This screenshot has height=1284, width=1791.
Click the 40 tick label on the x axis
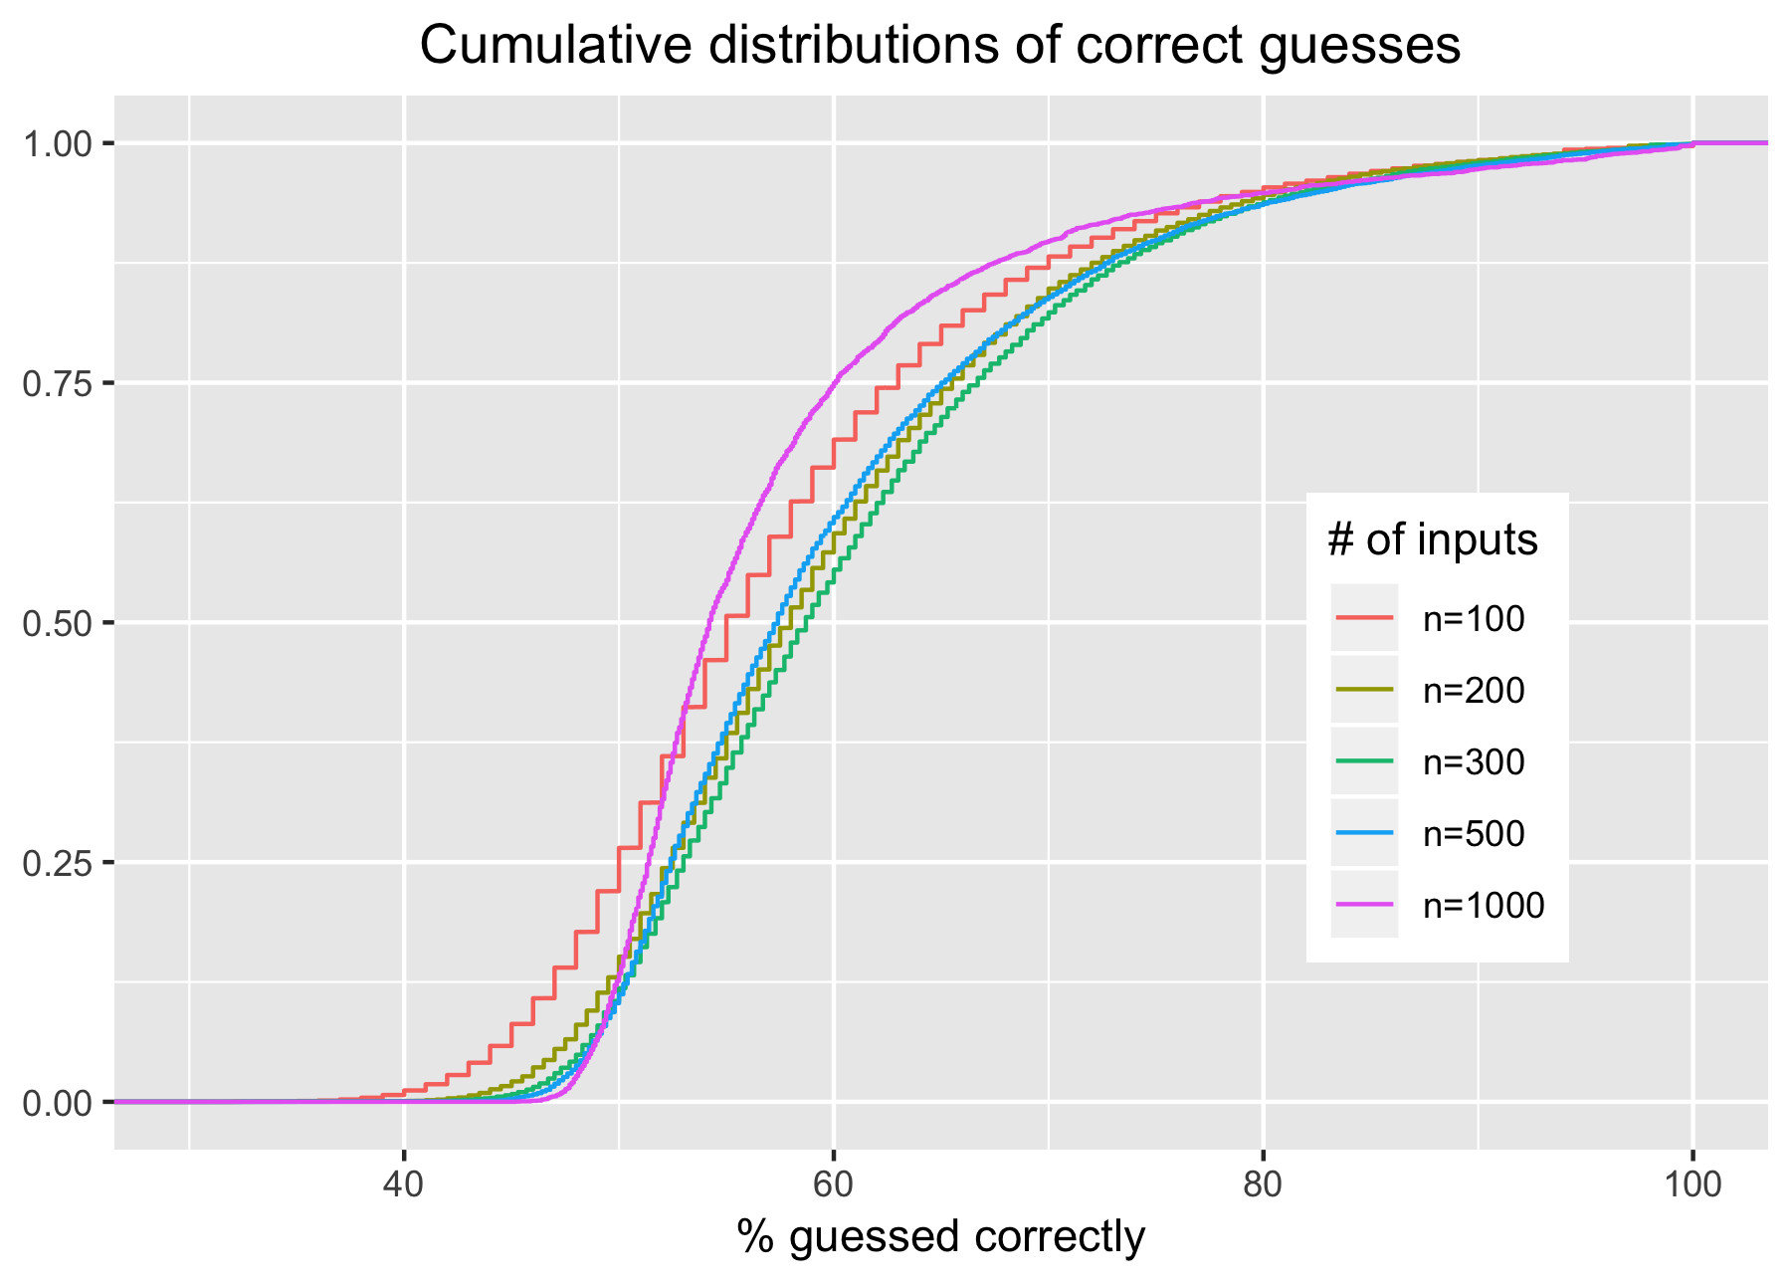click(x=404, y=1186)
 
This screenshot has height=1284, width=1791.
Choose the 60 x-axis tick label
click(x=834, y=1186)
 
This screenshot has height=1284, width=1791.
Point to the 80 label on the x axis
click(x=1263, y=1186)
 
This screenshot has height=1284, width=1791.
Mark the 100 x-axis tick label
click(x=1692, y=1186)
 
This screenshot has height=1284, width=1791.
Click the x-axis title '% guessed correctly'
click(x=941, y=1238)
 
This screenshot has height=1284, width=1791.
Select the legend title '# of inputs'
click(x=1432, y=540)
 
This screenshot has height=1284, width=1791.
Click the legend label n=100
click(x=1473, y=619)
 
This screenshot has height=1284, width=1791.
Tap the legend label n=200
click(x=1473, y=691)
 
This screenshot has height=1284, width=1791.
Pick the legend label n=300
click(x=1473, y=762)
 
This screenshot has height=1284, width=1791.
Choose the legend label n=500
click(x=1473, y=834)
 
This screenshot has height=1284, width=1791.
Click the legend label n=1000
click(x=1483, y=906)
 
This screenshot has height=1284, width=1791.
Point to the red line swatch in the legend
click(x=1365, y=618)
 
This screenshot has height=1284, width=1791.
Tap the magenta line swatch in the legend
click(x=1365, y=905)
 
